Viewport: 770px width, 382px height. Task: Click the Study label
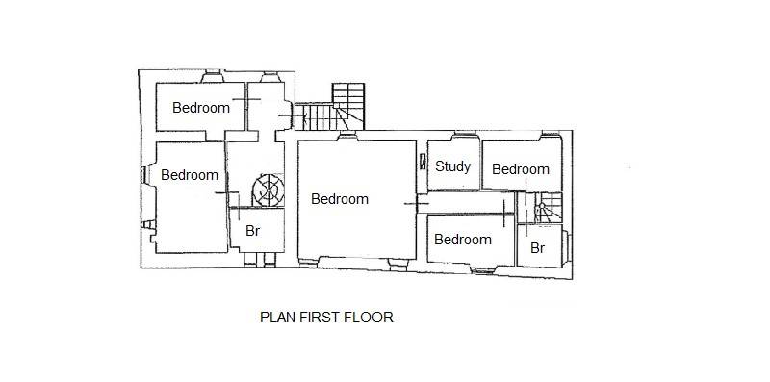click(452, 166)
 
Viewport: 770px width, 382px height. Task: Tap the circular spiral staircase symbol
click(269, 191)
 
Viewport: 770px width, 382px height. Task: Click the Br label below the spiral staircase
click(252, 231)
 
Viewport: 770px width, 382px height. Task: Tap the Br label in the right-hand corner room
click(538, 248)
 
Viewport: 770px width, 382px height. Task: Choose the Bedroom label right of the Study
click(521, 169)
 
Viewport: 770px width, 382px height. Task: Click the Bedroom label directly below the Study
click(463, 240)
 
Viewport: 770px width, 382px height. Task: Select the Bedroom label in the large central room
click(340, 199)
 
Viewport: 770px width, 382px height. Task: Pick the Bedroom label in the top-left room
click(201, 108)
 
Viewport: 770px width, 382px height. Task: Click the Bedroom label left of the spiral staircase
click(190, 175)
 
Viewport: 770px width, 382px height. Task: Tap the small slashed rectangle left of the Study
click(423, 162)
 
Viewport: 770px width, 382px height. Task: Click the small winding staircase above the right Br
click(549, 207)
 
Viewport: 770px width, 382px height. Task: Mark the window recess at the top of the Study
click(464, 134)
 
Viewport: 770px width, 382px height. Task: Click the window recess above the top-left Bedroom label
click(212, 76)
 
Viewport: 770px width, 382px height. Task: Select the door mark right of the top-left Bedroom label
click(246, 100)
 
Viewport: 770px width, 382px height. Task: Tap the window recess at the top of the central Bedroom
click(347, 137)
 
